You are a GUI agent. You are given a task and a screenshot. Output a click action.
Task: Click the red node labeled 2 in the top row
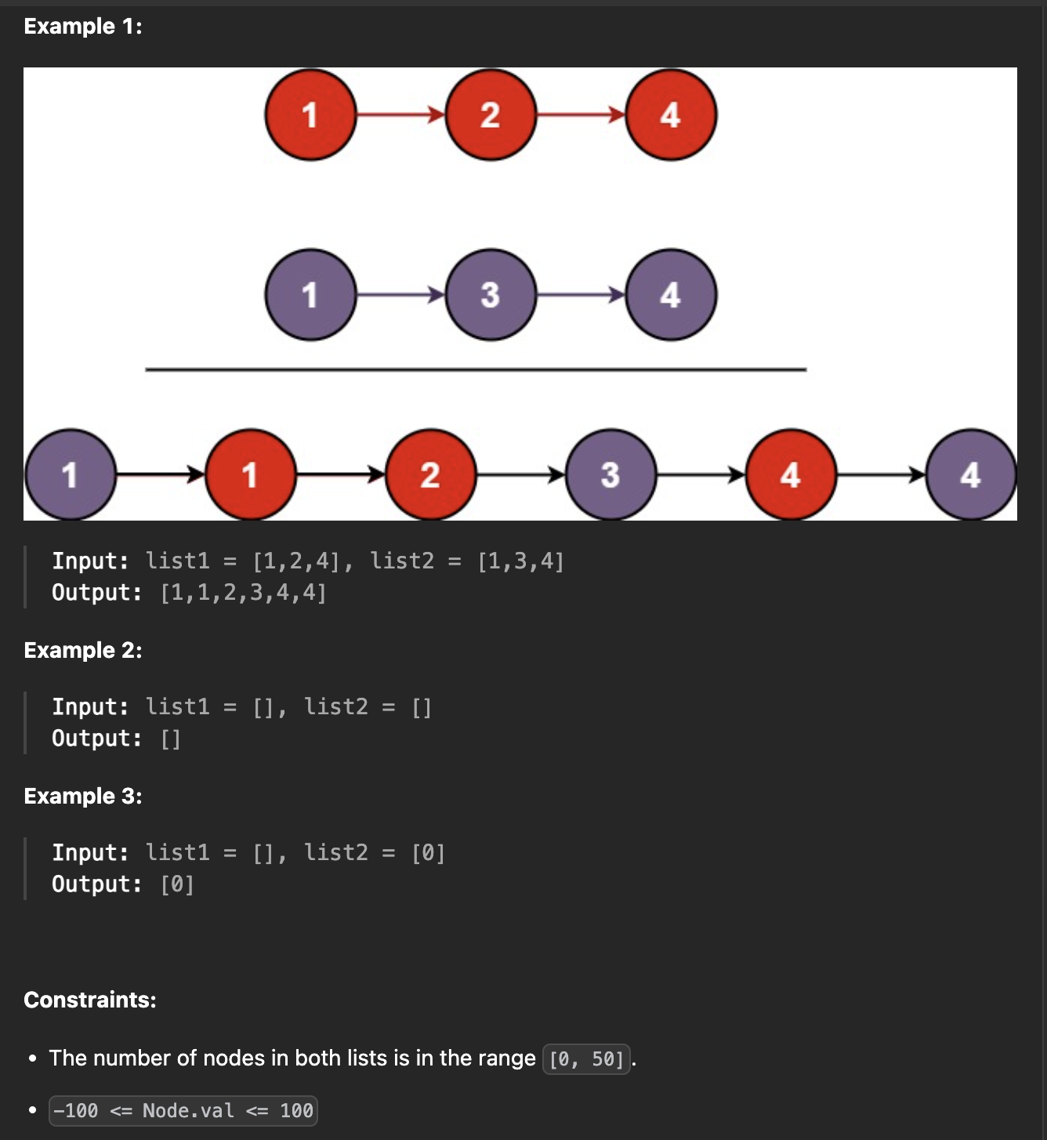(491, 115)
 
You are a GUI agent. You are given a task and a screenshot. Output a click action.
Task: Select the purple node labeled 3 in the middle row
(491, 295)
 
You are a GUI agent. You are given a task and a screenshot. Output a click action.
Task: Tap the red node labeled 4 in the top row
(671, 115)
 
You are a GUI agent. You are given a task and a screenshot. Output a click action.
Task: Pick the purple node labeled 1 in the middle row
(310, 295)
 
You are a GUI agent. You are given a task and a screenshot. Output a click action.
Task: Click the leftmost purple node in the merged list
(71, 474)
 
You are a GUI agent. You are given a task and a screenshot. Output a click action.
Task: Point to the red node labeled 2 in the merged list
(430, 474)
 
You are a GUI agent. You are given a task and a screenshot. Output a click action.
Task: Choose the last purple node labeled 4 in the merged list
(970, 474)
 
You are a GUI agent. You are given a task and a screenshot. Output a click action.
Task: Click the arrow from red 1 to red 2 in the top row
(400, 115)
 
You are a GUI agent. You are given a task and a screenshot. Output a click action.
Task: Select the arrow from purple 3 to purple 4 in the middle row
(581, 295)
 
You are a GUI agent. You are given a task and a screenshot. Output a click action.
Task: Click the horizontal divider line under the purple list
(476, 369)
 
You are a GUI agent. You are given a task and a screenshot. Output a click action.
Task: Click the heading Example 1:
(83, 27)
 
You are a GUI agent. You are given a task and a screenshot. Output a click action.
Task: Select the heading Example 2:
(83, 651)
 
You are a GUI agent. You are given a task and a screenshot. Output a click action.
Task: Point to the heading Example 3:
(83, 797)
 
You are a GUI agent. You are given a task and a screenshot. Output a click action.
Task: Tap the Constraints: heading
(90, 1000)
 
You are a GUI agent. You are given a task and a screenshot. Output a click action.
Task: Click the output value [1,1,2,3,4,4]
(243, 593)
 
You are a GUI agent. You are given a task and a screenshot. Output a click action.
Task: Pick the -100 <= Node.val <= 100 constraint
(183, 1111)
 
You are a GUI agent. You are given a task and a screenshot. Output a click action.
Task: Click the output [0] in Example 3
(177, 884)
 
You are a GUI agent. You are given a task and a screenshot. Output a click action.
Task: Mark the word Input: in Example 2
(90, 707)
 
